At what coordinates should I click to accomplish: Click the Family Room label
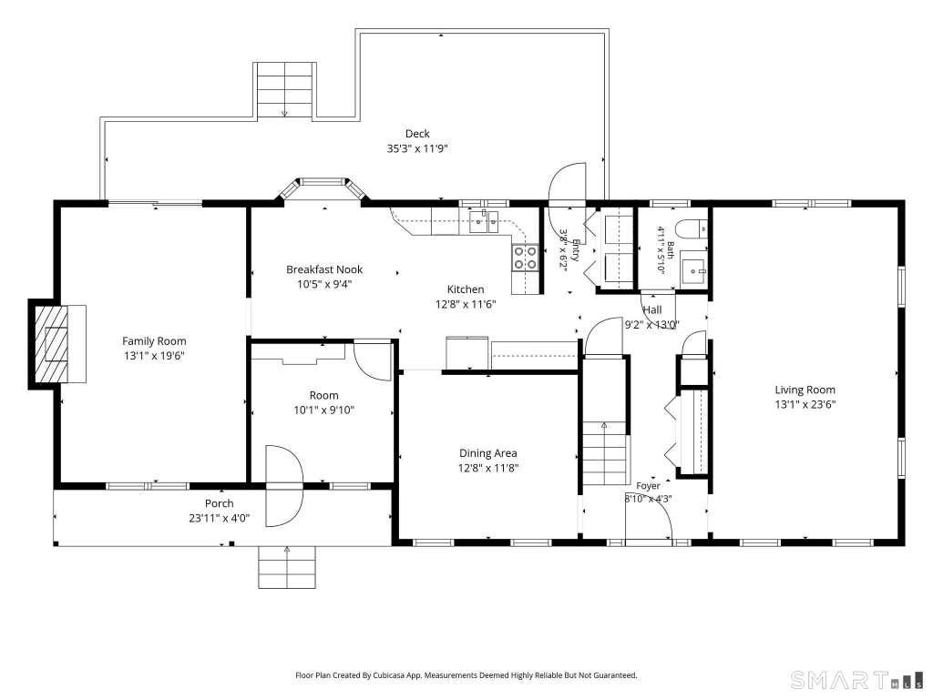pyautogui.click(x=154, y=341)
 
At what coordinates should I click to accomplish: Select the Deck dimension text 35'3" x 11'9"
pyautogui.click(x=417, y=148)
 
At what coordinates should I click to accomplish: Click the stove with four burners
pyautogui.click(x=526, y=258)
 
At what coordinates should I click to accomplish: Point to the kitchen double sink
pyautogui.click(x=485, y=222)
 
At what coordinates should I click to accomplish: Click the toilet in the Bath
pyautogui.click(x=693, y=228)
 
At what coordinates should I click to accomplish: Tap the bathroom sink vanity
pyautogui.click(x=694, y=271)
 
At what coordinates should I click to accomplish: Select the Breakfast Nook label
pyautogui.click(x=324, y=269)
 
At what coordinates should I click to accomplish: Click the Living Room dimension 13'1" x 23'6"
pyautogui.click(x=805, y=405)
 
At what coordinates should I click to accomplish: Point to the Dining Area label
pyautogui.click(x=488, y=453)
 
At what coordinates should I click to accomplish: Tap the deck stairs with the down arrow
pyautogui.click(x=285, y=91)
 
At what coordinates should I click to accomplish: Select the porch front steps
pyautogui.click(x=287, y=567)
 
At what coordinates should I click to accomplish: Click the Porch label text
pyautogui.click(x=219, y=503)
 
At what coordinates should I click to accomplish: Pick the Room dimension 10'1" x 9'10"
pyautogui.click(x=323, y=410)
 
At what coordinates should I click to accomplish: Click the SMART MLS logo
pyautogui.click(x=857, y=679)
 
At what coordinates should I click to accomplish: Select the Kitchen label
pyautogui.click(x=466, y=289)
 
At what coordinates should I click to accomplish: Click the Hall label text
pyautogui.click(x=652, y=309)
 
